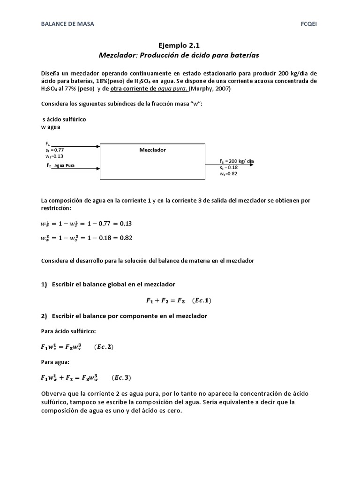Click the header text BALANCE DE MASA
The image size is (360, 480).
click(67, 24)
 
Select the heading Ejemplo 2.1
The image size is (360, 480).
click(179, 45)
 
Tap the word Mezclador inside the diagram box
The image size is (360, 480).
click(152, 150)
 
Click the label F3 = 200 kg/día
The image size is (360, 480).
click(237, 160)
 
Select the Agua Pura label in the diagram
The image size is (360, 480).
click(64, 165)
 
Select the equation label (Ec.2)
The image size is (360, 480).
click(104, 347)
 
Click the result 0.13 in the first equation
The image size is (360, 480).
click(126, 224)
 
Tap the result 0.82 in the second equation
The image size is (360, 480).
click(126, 238)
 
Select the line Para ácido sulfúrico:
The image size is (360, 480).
click(68, 331)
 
